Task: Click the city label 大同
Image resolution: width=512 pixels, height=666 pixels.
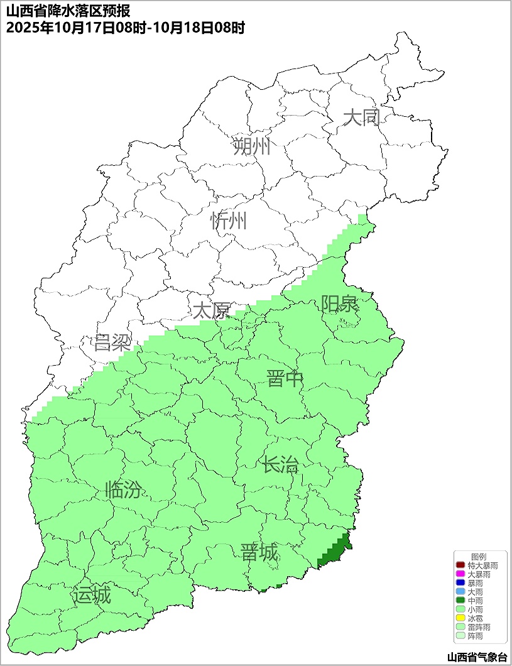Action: click(362, 117)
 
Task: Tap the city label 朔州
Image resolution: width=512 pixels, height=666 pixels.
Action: click(252, 146)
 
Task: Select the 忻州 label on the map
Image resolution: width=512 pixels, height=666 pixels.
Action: click(229, 221)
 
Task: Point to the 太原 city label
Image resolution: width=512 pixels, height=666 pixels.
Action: click(211, 310)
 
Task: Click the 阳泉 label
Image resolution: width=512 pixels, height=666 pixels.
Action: click(339, 304)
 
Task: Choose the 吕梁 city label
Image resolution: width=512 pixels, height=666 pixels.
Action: click(112, 343)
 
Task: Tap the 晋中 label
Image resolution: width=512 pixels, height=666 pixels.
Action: click(285, 379)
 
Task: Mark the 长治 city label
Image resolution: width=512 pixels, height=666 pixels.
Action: click(280, 466)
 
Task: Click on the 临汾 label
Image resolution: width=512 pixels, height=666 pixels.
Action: click(123, 489)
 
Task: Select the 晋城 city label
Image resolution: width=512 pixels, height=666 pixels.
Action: click(259, 553)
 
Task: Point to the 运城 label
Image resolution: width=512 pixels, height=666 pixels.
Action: click(92, 594)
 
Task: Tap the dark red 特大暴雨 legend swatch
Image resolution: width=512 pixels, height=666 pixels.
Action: click(460, 565)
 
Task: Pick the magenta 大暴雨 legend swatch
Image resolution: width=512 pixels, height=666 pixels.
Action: click(460, 574)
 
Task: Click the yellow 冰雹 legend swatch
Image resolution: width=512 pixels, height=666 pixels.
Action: click(460, 618)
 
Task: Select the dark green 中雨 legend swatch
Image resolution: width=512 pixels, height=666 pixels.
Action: click(460, 601)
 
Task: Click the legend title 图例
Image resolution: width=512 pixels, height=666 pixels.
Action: click(479, 557)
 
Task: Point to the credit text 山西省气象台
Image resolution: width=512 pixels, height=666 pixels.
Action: click(477, 657)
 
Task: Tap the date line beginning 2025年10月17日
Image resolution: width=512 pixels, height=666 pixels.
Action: click(125, 28)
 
